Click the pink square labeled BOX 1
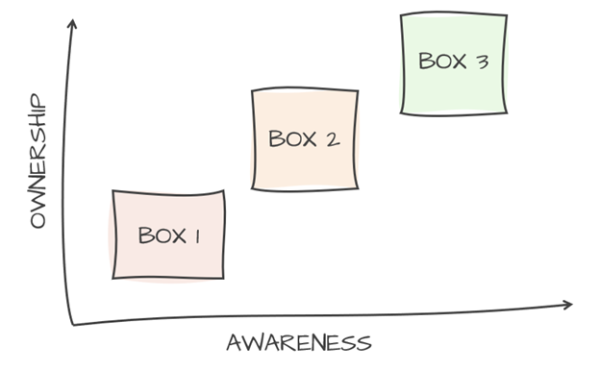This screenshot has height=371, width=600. click(x=169, y=235)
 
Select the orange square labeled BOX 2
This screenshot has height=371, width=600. click(x=304, y=139)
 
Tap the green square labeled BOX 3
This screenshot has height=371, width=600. click(x=453, y=63)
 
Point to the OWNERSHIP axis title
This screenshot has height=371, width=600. click(x=38, y=161)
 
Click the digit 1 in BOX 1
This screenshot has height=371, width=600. click(x=197, y=235)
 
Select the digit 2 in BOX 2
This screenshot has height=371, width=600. click(x=332, y=139)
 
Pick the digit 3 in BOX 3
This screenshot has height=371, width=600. click(x=482, y=63)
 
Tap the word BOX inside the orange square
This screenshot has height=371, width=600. click(x=290, y=139)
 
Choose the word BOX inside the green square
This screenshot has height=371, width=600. click(x=440, y=62)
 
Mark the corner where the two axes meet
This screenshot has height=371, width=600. click(x=73, y=323)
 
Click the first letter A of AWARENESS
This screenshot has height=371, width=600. click(x=234, y=343)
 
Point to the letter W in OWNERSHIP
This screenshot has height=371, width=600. click(x=38, y=205)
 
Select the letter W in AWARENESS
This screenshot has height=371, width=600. click(x=251, y=343)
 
